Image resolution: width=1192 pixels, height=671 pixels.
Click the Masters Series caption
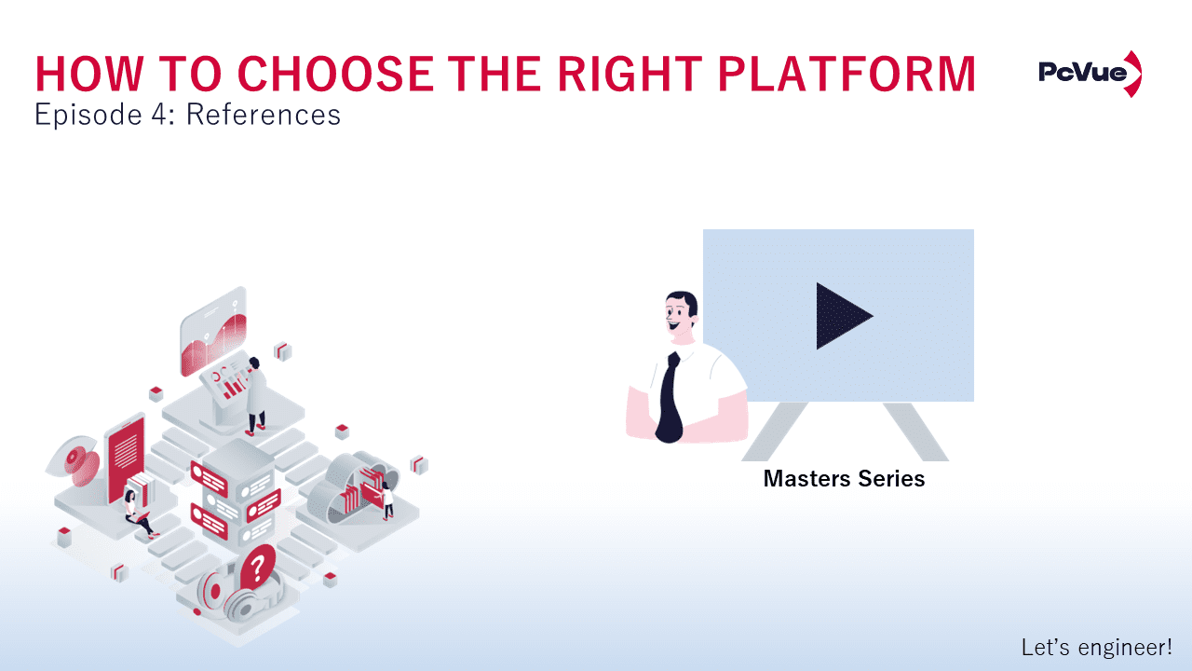tap(844, 479)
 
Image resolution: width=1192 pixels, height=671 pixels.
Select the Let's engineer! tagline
tap(1096, 647)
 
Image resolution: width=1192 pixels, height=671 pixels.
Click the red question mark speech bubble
tap(258, 565)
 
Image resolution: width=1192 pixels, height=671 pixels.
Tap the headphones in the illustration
tap(228, 595)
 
